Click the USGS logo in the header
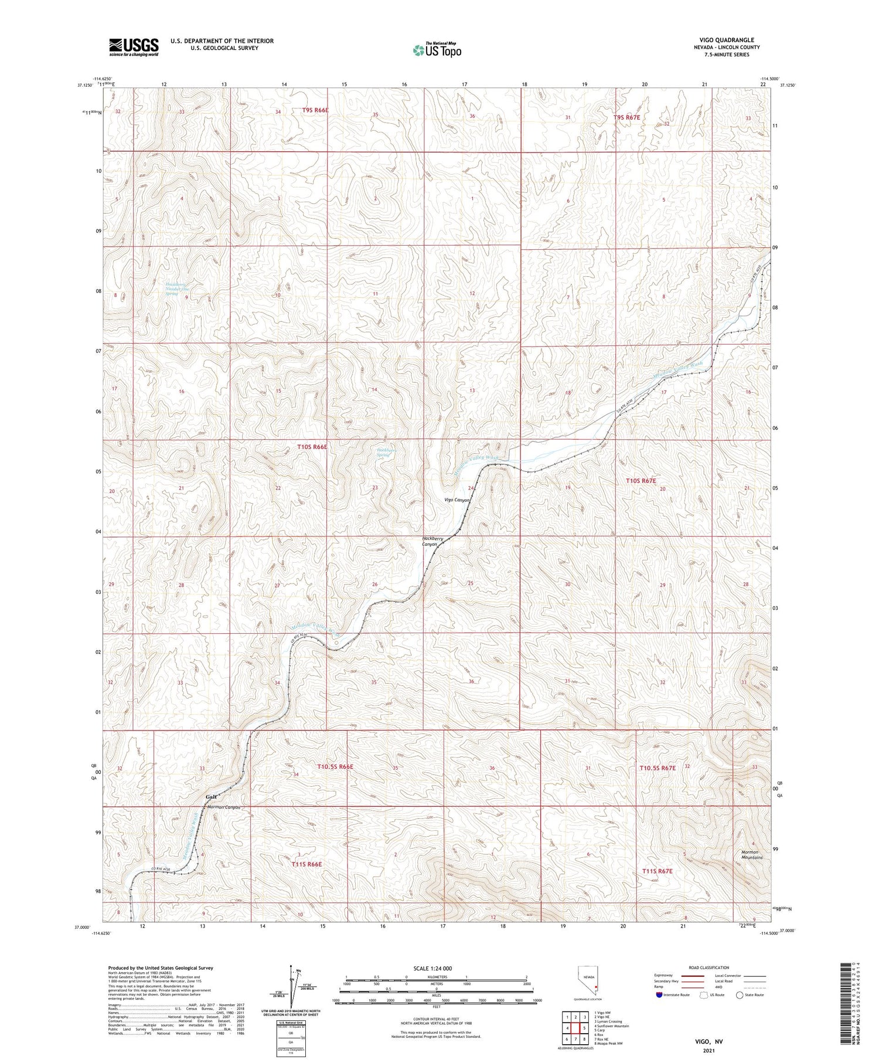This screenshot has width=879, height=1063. pyautogui.click(x=134, y=47)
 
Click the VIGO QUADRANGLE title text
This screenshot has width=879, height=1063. pyautogui.click(x=726, y=40)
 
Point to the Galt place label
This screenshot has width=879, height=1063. pyautogui.click(x=212, y=797)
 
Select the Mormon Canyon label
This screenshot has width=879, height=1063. pyautogui.click(x=224, y=807)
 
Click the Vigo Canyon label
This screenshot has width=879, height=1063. pyautogui.click(x=457, y=500)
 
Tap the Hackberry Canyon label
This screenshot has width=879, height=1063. pyautogui.click(x=431, y=541)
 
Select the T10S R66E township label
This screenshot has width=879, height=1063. pyautogui.click(x=312, y=447)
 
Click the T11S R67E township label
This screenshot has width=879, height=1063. pyautogui.click(x=657, y=871)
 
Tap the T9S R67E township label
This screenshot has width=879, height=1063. pyautogui.click(x=626, y=117)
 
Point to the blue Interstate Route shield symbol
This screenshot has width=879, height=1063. pyautogui.click(x=659, y=995)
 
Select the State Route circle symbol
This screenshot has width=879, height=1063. pyautogui.click(x=740, y=995)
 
